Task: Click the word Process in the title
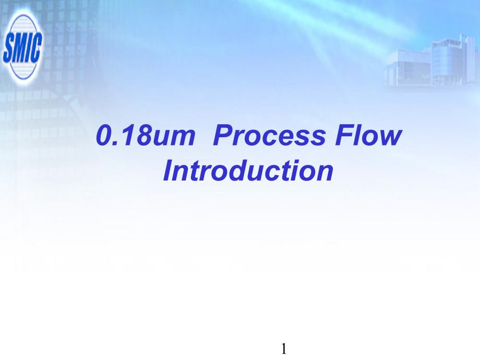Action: point(269,135)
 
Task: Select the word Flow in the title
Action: point(368,135)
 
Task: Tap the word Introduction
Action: point(248,170)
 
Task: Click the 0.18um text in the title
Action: point(146,135)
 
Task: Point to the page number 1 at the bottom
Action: point(284,349)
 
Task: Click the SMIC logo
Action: point(22,47)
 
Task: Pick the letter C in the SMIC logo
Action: point(37,46)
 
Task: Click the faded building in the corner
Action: point(431,61)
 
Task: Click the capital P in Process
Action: point(223,135)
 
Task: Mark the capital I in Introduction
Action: point(168,170)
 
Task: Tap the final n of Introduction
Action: point(325,173)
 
